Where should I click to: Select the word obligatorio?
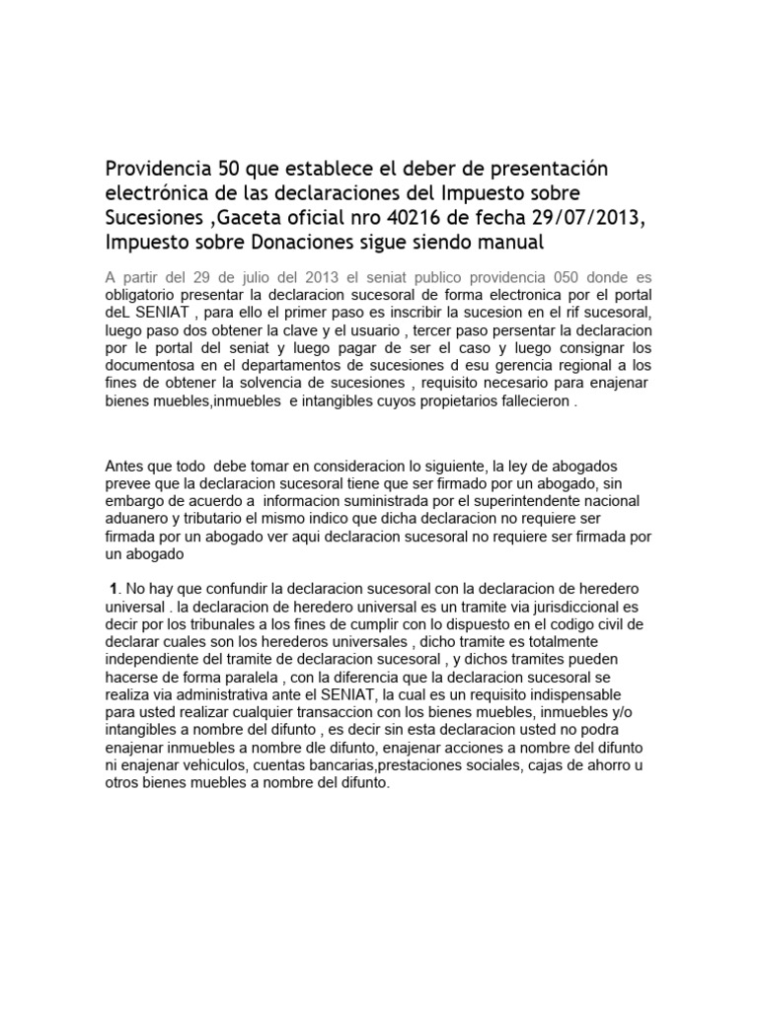(143, 295)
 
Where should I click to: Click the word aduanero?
(139, 519)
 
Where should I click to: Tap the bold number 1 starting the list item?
(113, 589)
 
